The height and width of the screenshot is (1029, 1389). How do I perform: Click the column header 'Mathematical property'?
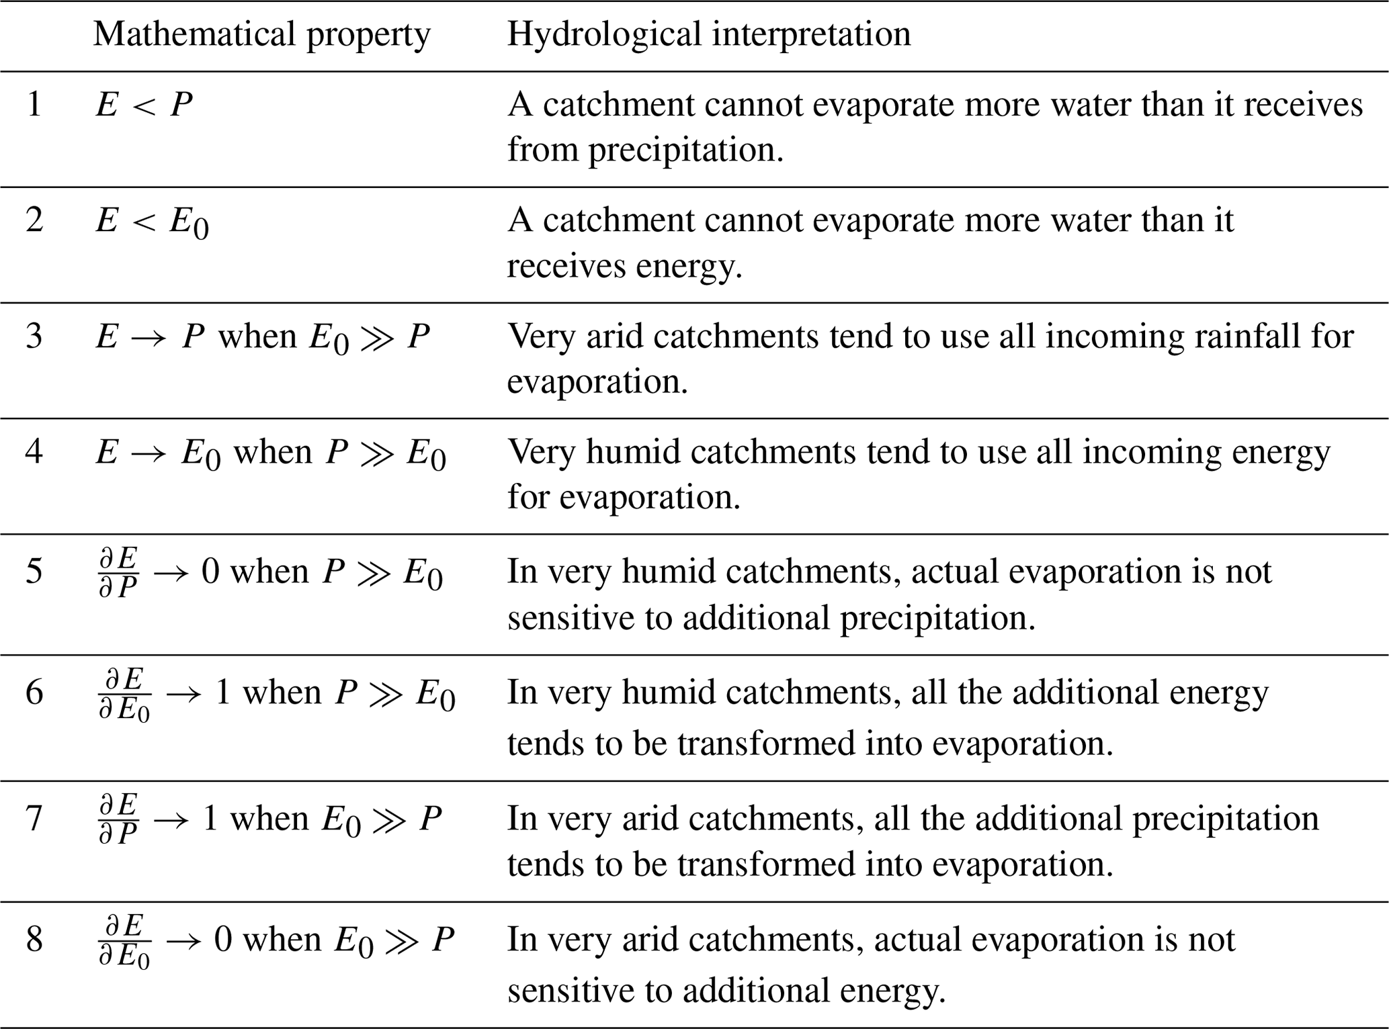pos(261,34)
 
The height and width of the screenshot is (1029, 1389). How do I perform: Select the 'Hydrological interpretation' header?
pos(708,34)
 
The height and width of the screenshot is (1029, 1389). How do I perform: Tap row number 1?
pos(35,105)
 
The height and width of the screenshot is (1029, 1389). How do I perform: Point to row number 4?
pos(35,451)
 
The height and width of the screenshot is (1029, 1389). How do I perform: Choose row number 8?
pos(35,939)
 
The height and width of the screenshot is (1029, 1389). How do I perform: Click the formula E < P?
pos(144,105)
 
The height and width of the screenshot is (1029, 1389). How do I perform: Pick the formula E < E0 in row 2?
pos(152,222)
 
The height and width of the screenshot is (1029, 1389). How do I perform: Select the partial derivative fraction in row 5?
pos(118,572)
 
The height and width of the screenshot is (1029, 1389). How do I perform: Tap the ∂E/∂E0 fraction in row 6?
pos(124,694)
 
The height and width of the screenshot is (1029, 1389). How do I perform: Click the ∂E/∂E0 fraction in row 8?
pos(124,940)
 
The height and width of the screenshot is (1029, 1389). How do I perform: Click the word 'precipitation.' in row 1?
pos(687,150)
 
